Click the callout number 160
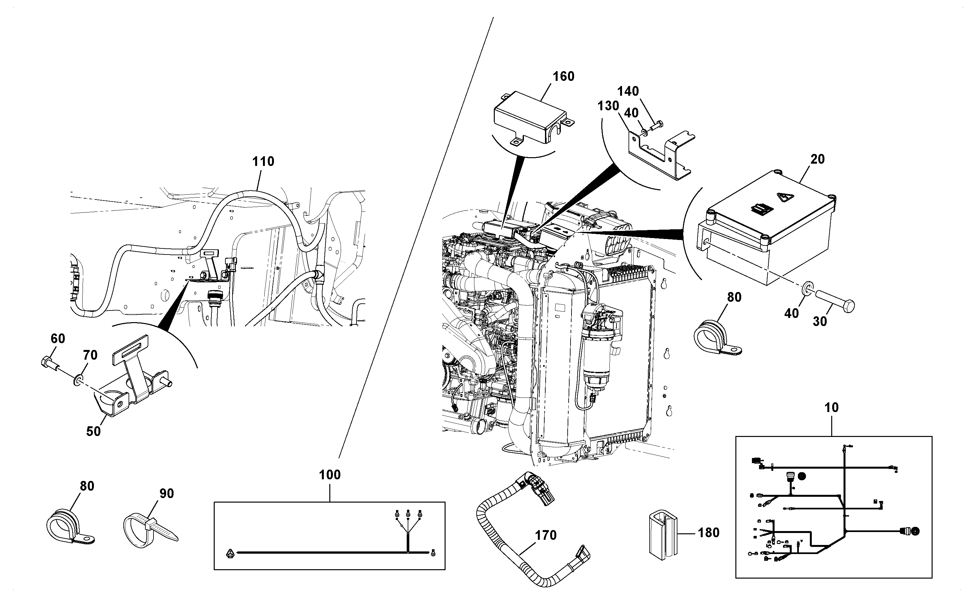563,76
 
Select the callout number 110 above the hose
263,161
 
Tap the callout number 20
817,159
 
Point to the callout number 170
546,535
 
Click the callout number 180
709,533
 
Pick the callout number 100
330,474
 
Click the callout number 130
608,106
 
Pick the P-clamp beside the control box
717,339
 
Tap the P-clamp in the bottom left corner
70,528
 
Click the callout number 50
94,431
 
